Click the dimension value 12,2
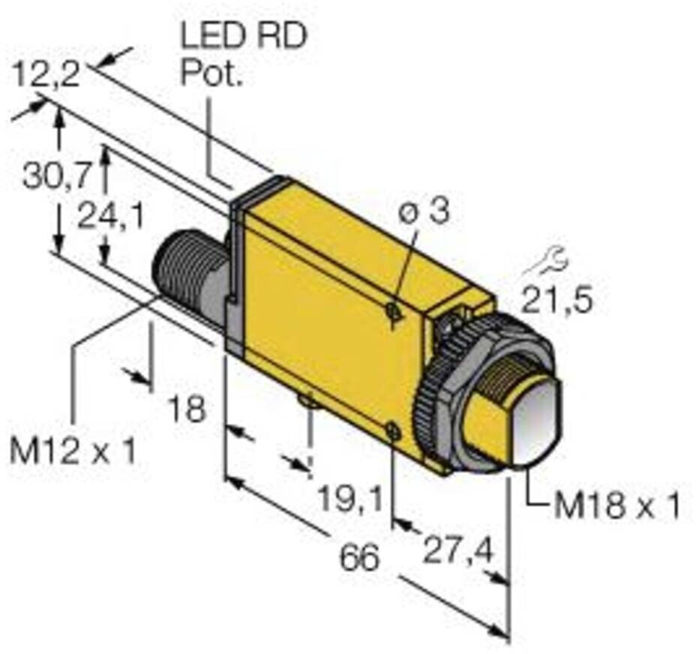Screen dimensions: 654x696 coord(46,76)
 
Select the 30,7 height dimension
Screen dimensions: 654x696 coord(56,177)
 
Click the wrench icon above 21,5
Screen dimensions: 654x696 coord(548,262)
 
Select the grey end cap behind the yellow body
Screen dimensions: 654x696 coord(235,270)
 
